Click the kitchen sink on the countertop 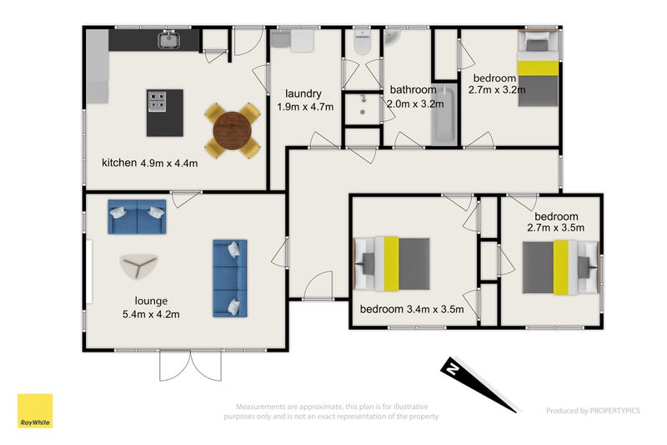tap(169, 40)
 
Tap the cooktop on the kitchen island tap(157, 102)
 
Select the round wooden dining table tap(233, 131)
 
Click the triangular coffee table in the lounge tap(138, 266)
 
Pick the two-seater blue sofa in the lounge tap(137, 217)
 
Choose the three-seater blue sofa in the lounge tap(230, 279)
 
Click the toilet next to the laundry tap(362, 42)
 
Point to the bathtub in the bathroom tap(444, 115)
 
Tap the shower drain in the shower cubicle tap(363, 113)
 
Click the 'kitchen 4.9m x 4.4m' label tap(150, 163)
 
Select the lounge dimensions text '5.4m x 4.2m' tap(151, 315)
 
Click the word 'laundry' tap(303, 94)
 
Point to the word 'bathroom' tap(413, 90)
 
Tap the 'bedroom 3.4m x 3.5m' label tap(412, 309)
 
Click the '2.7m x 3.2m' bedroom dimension tap(497, 90)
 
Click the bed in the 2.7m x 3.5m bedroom tap(560, 267)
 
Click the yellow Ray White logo tap(35, 411)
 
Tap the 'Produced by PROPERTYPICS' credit tap(593, 411)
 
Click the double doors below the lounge tap(191, 366)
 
